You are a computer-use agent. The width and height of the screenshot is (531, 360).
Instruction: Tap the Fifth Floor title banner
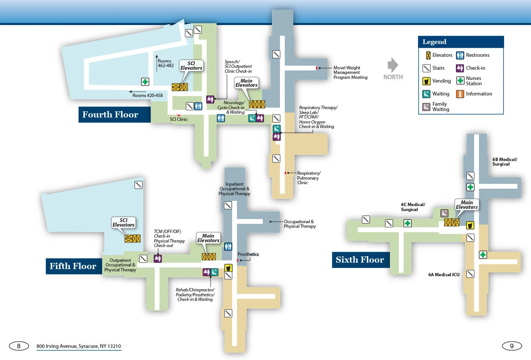73,266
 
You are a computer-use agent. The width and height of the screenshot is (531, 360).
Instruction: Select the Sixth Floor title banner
360,260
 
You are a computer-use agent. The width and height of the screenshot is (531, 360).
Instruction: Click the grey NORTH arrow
393,65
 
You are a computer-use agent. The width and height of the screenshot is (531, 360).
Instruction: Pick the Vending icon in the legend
426,81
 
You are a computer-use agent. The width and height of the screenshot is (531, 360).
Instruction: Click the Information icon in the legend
460,94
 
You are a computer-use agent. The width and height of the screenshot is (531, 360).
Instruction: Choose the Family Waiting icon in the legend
426,107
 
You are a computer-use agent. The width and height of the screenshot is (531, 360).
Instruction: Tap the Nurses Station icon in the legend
460,81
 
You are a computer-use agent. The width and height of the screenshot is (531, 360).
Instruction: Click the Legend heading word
434,42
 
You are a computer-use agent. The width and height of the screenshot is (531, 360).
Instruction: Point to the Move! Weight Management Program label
350,72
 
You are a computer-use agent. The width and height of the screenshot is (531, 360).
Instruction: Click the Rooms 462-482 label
165,63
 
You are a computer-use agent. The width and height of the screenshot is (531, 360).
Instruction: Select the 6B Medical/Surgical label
504,162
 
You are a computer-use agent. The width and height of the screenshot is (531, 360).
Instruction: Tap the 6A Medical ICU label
443,275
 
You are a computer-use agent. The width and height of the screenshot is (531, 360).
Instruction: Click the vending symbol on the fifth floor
228,268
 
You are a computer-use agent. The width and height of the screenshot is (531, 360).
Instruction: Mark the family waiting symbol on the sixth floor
444,213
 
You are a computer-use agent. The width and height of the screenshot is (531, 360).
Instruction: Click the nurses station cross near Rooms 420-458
145,81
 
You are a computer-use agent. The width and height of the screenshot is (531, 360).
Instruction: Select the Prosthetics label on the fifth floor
248,254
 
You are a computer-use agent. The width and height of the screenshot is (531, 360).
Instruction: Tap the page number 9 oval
512,346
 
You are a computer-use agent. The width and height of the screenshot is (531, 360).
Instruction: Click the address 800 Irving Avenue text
79,346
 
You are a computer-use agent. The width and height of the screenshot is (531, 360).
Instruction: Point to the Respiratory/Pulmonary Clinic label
308,178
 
